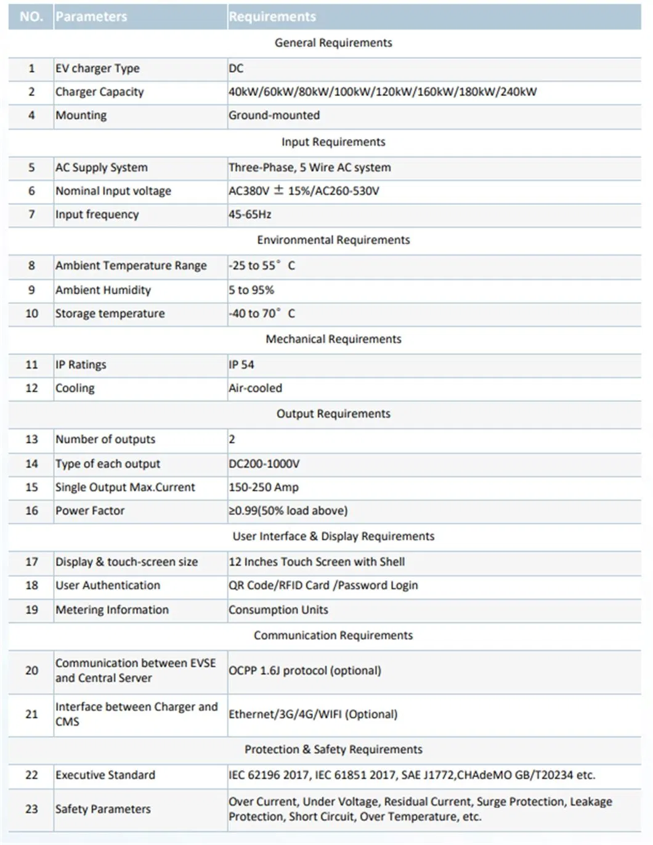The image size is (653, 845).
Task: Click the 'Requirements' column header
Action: (x=272, y=17)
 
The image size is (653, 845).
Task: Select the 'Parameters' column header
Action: (x=91, y=17)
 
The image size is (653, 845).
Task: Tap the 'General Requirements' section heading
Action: (x=333, y=42)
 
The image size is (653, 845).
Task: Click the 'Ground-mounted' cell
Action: (x=274, y=115)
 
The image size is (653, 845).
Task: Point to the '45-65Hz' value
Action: (x=250, y=214)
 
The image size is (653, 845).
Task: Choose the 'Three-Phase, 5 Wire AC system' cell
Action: (x=310, y=167)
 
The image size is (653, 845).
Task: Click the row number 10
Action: (x=31, y=313)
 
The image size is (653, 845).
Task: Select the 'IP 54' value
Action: (x=241, y=364)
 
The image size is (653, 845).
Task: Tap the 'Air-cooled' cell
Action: (x=256, y=388)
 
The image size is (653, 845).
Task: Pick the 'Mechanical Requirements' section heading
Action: (x=333, y=339)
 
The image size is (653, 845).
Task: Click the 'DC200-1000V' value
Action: (x=264, y=463)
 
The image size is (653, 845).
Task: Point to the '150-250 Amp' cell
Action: (x=264, y=487)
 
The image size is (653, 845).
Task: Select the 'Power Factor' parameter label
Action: (x=90, y=510)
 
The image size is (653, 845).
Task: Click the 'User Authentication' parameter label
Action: (x=108, y=585)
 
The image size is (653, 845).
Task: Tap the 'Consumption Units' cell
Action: (x=278, y=610)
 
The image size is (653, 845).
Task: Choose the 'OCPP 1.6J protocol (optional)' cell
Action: (x=305, y=670)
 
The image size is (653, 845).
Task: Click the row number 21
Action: (x=31, y=714)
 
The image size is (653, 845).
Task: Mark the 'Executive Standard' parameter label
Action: (x=105, y=775)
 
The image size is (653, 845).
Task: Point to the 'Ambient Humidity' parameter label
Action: (x=103, y=290)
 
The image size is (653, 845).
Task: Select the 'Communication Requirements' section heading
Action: (x=333, y=635)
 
